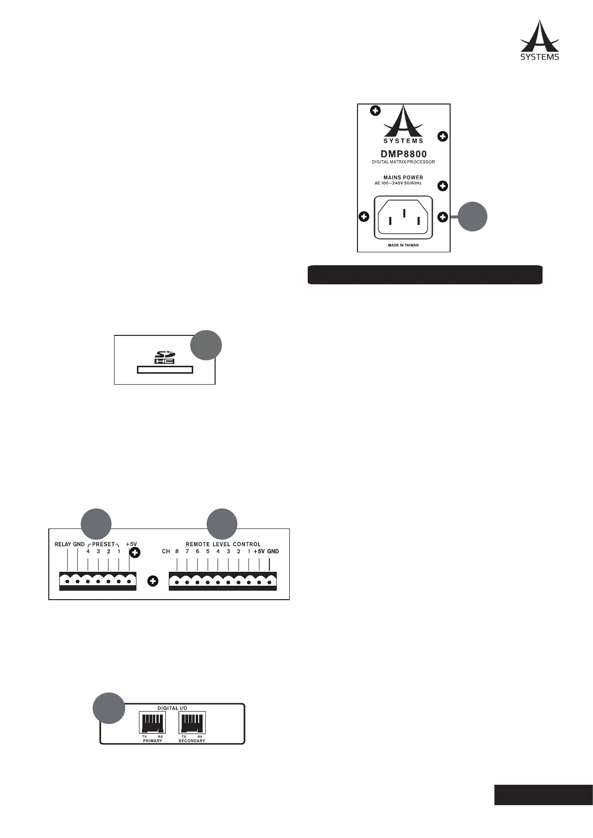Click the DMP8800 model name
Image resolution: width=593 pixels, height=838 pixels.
click(x=403, y=154)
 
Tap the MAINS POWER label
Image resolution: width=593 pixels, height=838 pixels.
click(x=403, y=177)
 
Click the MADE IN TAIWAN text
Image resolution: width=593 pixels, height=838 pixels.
click(x=403, y=245)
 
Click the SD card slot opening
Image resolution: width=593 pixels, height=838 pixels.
click(x=165, y=370)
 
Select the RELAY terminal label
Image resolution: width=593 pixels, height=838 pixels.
click(x=63, y=544)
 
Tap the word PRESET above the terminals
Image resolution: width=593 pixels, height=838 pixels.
click(x=104, y=544)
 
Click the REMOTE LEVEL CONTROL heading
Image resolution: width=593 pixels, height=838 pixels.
click(x=223, y=544)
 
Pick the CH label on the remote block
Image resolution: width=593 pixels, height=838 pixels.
click(x=166, y=551)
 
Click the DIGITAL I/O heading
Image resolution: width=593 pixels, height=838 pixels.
click(x=172, y=708)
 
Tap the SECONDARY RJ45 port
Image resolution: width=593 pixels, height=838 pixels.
click(x=192, y=722)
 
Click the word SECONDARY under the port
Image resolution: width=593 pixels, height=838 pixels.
click(x=192, y=741)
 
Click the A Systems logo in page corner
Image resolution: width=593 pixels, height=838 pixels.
click(x=540, y=40)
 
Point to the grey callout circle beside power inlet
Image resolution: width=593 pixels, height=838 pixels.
click(x=472, y=216)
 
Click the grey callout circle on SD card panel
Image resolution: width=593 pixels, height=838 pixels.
click(x=207, y=344)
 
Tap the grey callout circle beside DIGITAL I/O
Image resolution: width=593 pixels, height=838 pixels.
click(x=110, y=708)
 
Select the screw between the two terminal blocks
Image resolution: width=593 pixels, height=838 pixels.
click(x=153, y=581)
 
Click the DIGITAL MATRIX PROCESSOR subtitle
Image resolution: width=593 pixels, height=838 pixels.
click(x=403, y=162)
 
